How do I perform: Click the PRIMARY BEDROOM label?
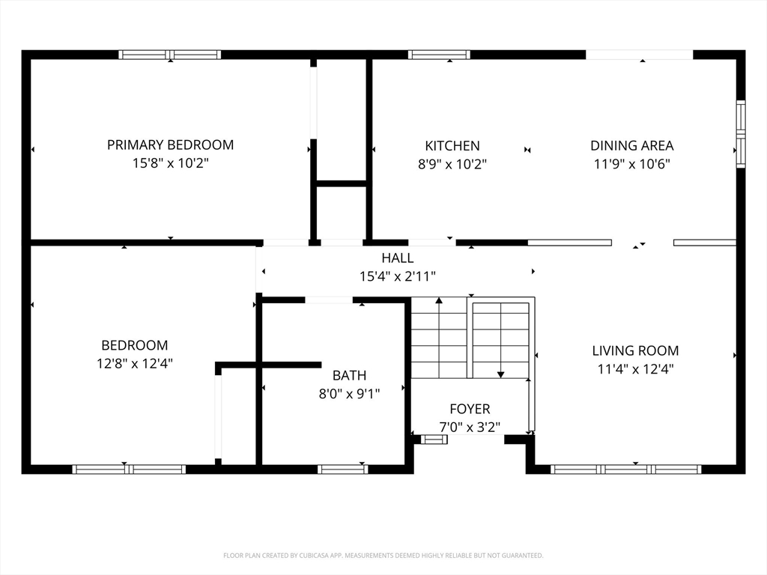pyautogui.click(x=170, y=144)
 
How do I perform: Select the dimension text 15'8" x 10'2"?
pyautogui.click(x=170, y=162)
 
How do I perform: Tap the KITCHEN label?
pyautogui.click(x=452, y=146)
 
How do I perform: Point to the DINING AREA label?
pyautogui.click(x=632, y=146)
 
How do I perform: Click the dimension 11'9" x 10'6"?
pyautogui.click(x=632, y=164)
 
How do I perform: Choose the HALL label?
pyautogui.click(x=398, y=258)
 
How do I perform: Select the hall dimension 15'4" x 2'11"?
pyautogui.click(x=398, y=276)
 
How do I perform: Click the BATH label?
pyautogui.click(x=349, y=375)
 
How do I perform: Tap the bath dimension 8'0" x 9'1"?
pyautogui.click(x=349, y=394)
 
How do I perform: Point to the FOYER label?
pyautogui.click(x=470, y=409)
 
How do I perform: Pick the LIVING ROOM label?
pyautogui.click(x=635, y=350)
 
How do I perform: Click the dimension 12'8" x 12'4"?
pyautogui.click(x=135, y=363)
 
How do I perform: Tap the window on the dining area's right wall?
pyautogui.click(x=741, y=134)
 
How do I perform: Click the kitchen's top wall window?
pyautogui.click(x=439, y=54)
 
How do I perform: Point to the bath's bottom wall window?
pyautogui.click(x=343, y=469)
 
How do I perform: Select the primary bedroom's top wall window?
pyautogui.click(x=170, y=54)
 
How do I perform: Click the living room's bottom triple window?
pyautogui.click(x=626, y=469)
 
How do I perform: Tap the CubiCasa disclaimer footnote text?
pyautogui.click(x=383, y=556)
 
